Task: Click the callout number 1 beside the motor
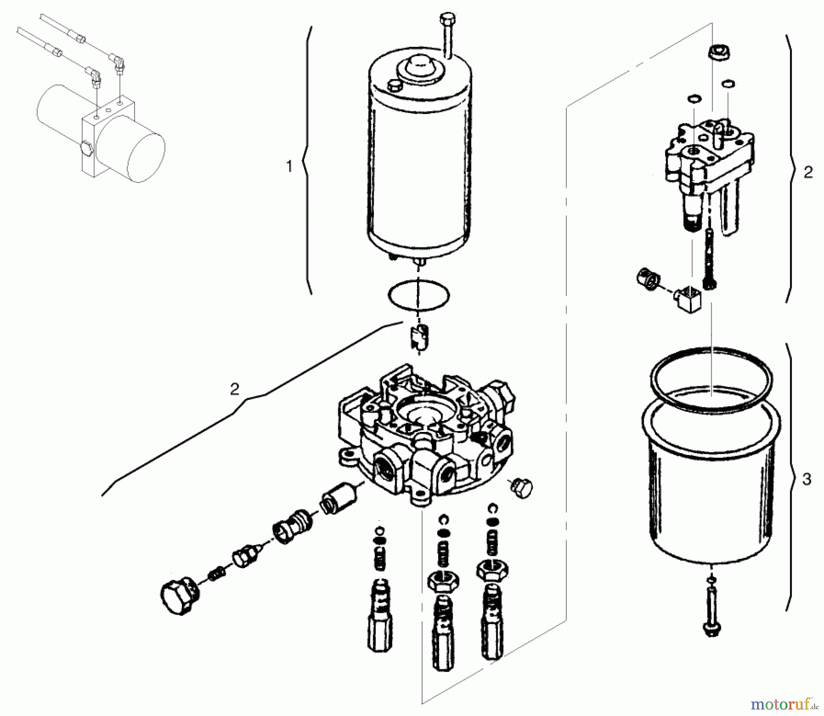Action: point(289,167)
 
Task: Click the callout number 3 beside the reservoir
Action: point(807,479)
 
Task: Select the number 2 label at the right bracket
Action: point(808,172)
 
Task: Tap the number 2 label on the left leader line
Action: point(234,389)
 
